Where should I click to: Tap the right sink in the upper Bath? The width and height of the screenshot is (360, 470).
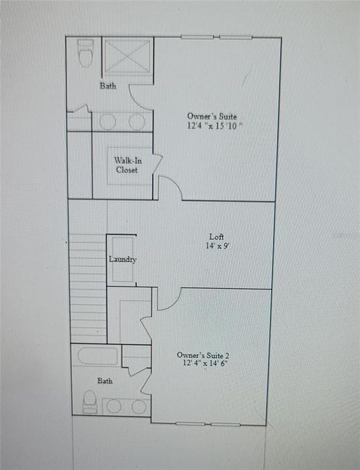(137, 122)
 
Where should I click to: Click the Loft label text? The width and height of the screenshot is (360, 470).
(217, 236)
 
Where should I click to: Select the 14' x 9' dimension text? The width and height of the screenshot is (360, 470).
(217, 246)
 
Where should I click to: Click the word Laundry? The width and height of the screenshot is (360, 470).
(122, 259)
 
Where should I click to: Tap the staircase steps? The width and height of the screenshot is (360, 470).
(88, 287)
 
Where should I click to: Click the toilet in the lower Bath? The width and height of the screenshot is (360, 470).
(90, 402)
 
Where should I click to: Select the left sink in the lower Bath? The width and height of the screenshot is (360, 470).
(114, 406)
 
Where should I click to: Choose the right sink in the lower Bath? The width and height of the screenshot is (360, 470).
(139, 406)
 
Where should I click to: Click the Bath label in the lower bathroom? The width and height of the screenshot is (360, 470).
(105, 380)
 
